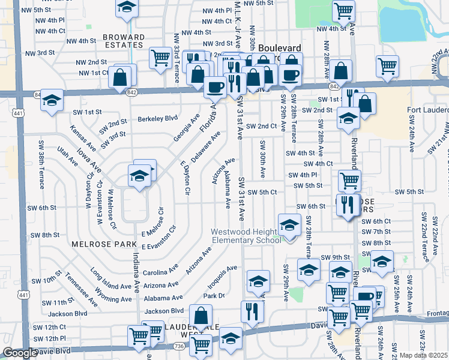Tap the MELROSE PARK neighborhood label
[x=96, y=245]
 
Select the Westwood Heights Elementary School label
[x=246, y=236]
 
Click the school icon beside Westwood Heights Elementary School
[x=289, y=226]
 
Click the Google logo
[x=20, y=353]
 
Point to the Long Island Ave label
[x=112, y=277]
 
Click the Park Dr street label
[x=214, y=295]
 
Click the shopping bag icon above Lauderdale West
[x=200, y=316]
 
